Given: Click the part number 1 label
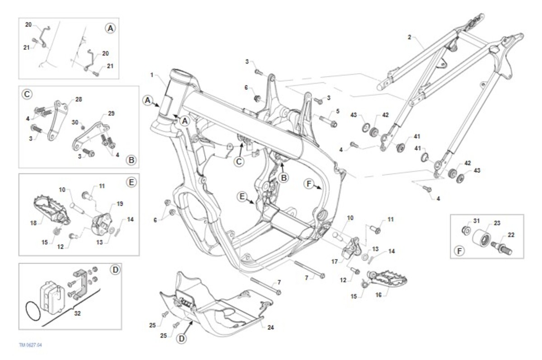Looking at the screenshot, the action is (152, 75).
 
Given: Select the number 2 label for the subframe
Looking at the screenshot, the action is (409, 37).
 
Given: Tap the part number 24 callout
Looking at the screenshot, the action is (271, 327).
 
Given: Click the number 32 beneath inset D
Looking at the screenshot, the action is (77, 313).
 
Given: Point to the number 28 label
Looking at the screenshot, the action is (79, 99).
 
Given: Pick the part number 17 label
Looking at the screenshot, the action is (334, 262).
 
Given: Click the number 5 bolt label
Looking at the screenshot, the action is (337, 111).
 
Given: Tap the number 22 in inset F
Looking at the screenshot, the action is (511, 235).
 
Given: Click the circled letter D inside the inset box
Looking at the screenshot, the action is (115, 270).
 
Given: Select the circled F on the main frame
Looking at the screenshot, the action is (309, 184).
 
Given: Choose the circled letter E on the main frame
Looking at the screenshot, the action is (242, 196).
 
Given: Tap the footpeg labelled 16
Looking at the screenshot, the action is (387, 278).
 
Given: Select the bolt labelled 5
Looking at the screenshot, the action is (328, 121).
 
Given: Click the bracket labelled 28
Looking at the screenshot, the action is (57, 120).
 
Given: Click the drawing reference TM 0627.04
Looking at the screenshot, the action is (31, 345).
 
